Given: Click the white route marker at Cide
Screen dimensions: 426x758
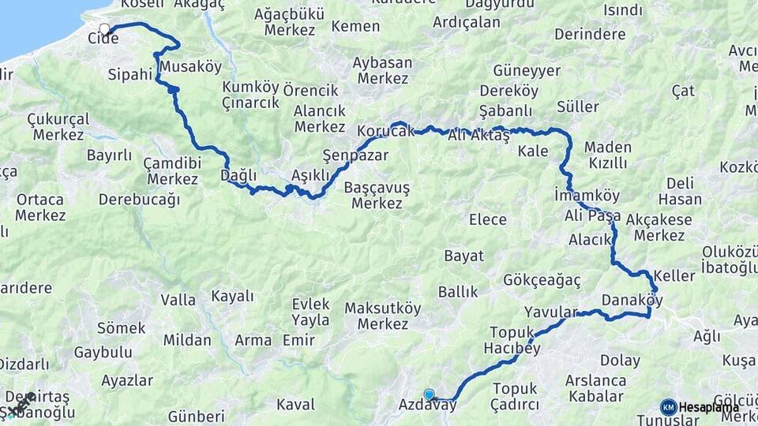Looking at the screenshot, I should (104, 29).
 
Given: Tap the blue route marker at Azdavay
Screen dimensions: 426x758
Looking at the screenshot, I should (429, 394).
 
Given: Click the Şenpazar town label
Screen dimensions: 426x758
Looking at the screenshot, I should (355, 155).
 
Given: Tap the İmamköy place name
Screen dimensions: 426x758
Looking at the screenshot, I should (587, 195).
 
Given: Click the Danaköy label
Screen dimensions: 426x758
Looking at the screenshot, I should (631, 300).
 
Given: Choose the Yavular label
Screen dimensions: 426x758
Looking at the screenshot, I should (551, 312).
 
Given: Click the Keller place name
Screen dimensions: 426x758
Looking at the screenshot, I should (674, 276).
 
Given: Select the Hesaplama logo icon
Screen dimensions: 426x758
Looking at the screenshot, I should (669, 407).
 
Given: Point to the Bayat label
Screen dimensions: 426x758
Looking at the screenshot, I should (463, 256).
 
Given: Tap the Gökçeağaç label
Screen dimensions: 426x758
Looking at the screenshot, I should (542, 280).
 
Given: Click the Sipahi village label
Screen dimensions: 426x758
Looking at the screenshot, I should (129, 75).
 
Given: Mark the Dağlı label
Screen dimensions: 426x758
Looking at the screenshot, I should (239, 174).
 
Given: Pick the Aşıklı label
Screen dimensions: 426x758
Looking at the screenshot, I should (310, 174).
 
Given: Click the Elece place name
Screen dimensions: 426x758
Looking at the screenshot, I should (487, 219).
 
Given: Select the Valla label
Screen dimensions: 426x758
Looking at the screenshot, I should (178, 300).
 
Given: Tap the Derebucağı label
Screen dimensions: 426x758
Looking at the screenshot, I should (139, 199).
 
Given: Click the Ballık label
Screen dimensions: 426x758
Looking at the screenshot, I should (458, 292).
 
